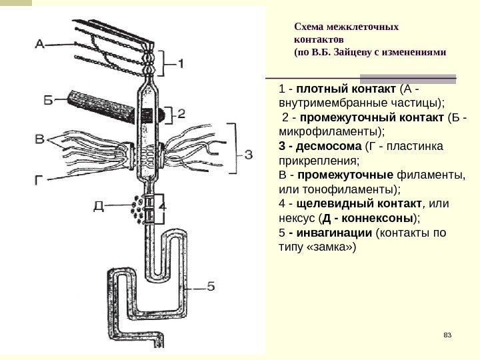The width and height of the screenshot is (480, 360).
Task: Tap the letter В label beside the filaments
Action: (41, 140)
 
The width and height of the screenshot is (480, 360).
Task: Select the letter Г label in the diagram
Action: (41, 178)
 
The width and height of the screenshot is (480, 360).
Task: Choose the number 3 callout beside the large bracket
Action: (248, 155)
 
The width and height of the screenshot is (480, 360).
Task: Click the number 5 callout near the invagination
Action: (209, 287)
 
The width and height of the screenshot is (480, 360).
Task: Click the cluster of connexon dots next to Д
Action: (139, 207)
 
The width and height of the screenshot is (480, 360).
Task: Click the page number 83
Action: (447, 334)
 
